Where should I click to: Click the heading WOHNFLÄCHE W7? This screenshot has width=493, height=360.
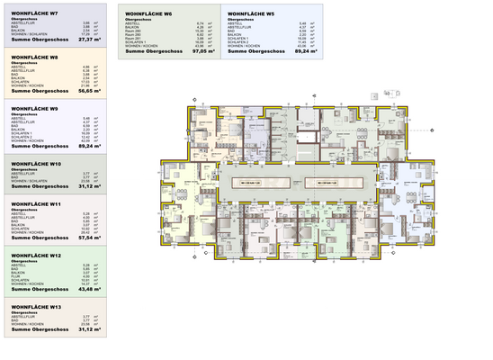tap(35, 14)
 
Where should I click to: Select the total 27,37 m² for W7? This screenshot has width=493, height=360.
tap(91, 40)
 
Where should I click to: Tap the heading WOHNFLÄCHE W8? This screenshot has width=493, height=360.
tap(35, 58)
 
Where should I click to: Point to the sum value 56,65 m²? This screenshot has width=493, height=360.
tap(91, 91)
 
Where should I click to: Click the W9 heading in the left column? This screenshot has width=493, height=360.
tap(35, 109)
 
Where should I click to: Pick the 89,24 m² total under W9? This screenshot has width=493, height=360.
tap(91, 146)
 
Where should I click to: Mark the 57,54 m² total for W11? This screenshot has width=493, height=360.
tap(91, 238)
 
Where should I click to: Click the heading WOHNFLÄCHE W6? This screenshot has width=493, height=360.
tap(148, 14)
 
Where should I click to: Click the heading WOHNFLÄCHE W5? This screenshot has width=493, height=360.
tap(251, 14)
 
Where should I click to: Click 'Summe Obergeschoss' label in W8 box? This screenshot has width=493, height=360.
tap(35, 91)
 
